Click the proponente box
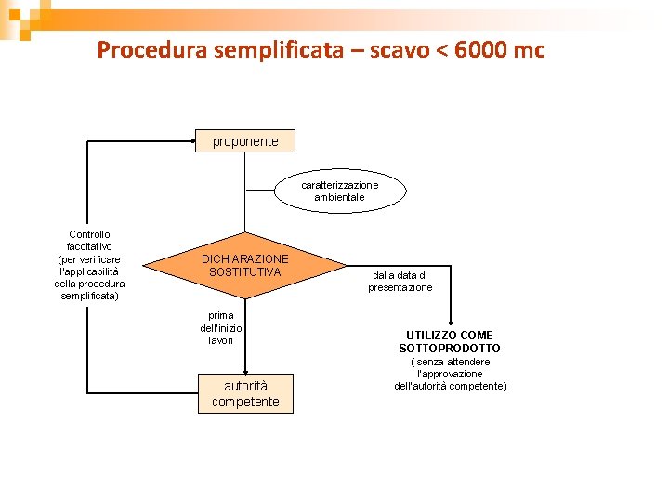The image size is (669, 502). (x=245, y=141)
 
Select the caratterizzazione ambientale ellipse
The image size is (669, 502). (x=339, y=191)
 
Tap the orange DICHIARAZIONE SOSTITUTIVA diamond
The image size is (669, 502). (x=245, y=265)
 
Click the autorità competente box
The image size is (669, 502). (x=245, y=393)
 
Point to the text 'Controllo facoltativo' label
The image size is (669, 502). (x=89, y=240)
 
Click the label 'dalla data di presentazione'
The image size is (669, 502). (x=400, y=282)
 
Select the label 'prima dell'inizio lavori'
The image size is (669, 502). (x=221, y=328)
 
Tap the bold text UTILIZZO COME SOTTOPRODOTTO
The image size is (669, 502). (x=450, y=341)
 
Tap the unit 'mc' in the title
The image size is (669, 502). (x=530, y=49)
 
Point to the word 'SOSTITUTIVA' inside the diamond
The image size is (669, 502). (x=244, y=271)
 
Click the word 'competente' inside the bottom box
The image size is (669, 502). (x=245, y=402)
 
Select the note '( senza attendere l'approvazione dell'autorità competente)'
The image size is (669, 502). (x=451, y=374)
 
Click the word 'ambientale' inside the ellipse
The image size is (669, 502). (x=339, y=197)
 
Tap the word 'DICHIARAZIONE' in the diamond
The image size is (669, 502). (x=245, y=258)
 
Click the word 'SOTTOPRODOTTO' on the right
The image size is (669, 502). (x=450, y=348)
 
